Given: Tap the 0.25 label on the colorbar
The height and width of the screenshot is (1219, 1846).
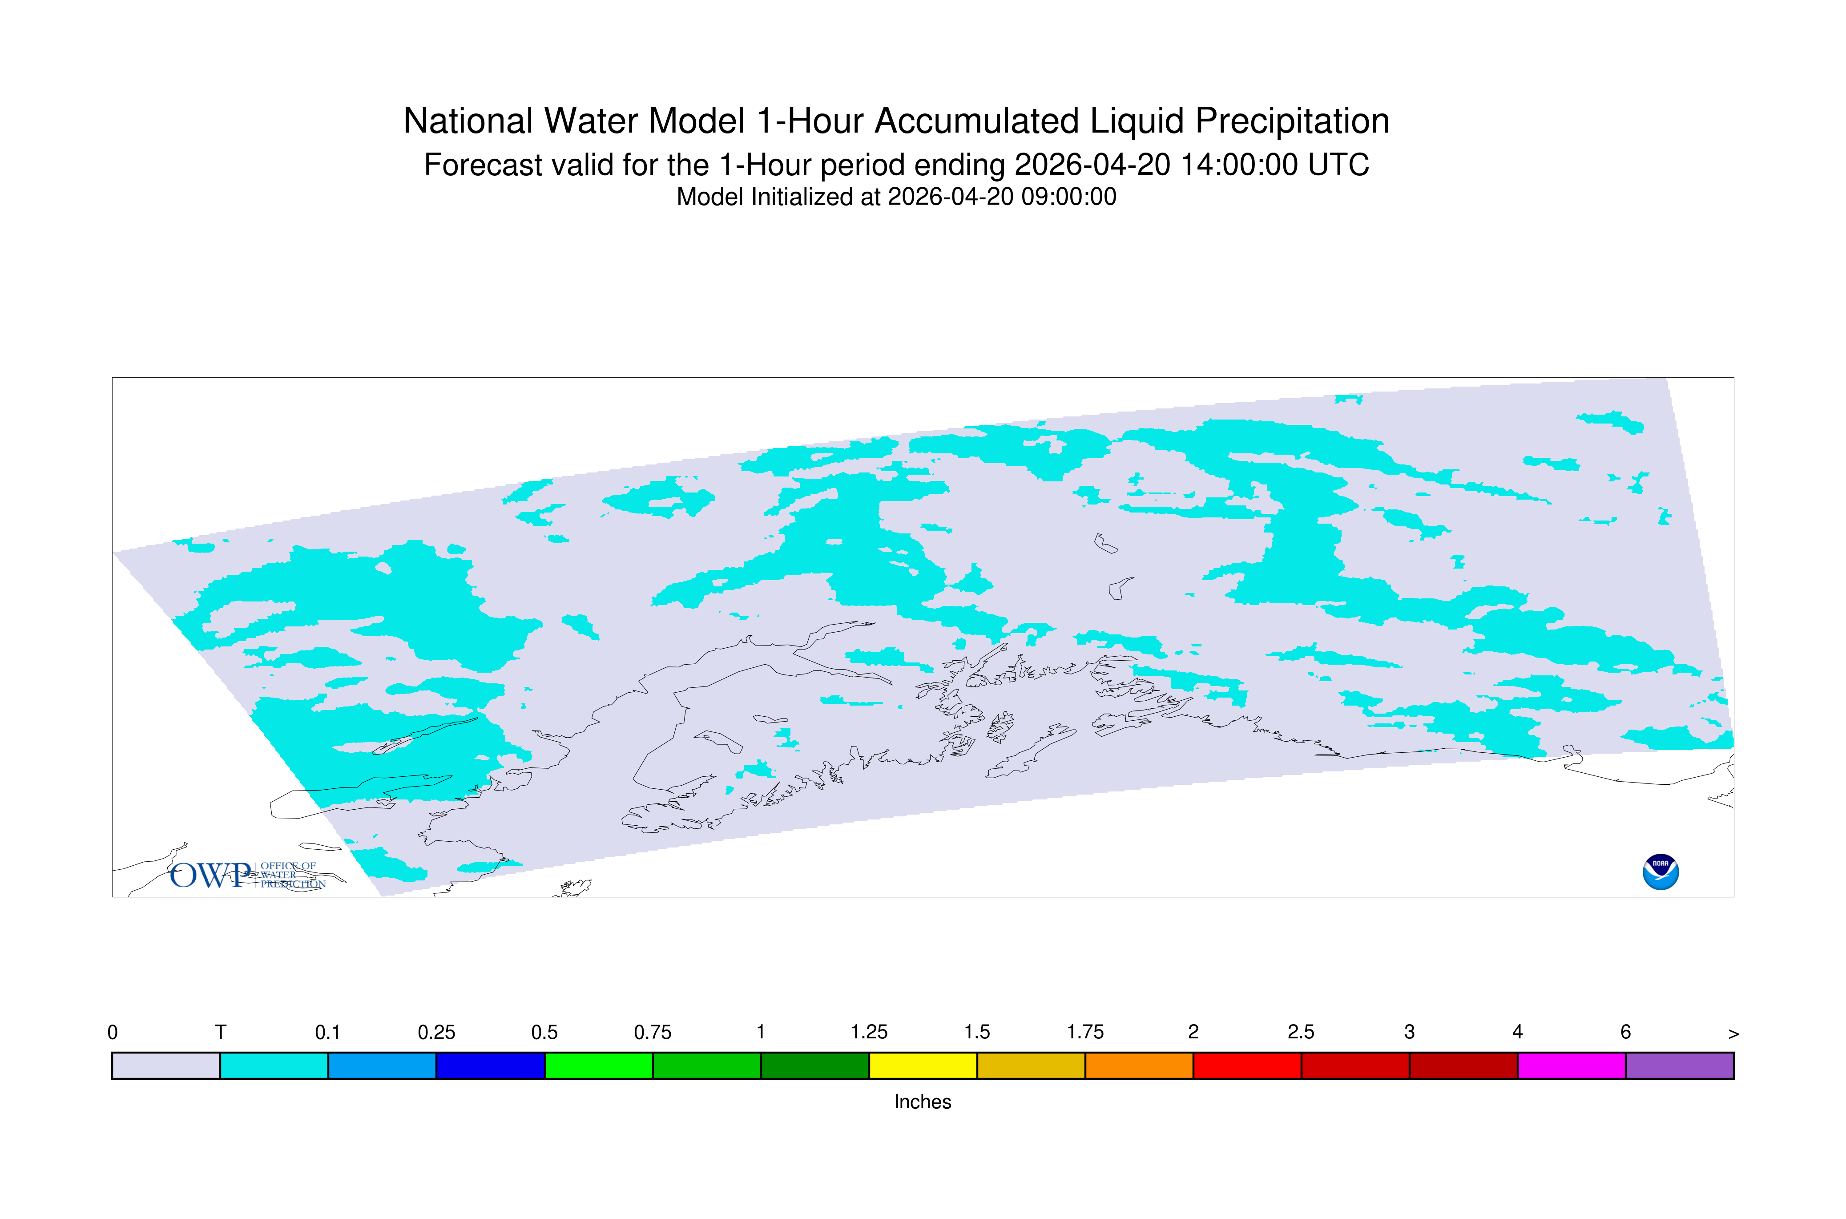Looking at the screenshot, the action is coord(436,1033).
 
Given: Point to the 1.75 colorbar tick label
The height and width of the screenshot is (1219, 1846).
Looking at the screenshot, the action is coord(1085,1033).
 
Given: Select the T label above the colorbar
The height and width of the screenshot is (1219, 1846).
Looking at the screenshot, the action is coord(221,1033).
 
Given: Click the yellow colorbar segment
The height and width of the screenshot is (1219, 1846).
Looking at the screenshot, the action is coord(923,1066).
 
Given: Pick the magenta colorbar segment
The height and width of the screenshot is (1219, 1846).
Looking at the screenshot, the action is coord(1572,1066).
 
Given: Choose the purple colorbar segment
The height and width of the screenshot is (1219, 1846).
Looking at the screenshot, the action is coord(1680,1066).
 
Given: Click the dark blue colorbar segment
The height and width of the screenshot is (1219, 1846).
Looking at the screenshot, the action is coord(491,1066).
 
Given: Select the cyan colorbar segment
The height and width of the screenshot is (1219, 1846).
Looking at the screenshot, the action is coord(274,1066).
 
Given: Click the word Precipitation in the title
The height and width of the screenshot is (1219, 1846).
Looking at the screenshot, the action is coord(1292,121).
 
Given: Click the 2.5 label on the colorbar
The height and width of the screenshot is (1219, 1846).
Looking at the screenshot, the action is coord(1301,1033).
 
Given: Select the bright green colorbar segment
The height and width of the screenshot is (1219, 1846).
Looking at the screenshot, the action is coord(598,1066).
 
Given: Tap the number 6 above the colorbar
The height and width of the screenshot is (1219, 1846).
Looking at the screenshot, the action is coord(1625,1033).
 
